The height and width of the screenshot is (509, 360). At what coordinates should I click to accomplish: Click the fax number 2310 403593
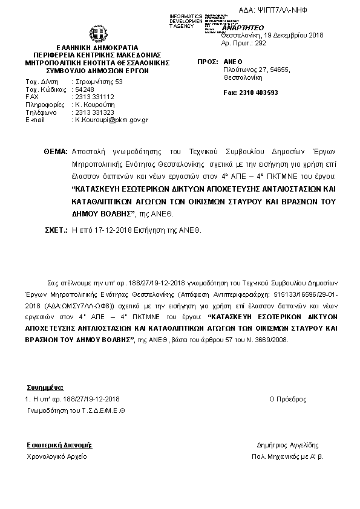pyautogui.click(x=250, y=92)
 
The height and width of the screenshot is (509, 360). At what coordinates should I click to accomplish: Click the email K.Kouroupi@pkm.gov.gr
pyautogui.click(x=111, y=120)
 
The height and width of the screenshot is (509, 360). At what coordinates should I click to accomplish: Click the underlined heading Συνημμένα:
pyautogui.click(x=45, y=387)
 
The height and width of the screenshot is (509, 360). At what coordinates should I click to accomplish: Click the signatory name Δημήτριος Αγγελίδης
pyautogui.click(x=287, y=446)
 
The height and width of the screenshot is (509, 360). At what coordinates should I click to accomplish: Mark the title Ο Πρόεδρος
pyautogui.click(x=287, y=400)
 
